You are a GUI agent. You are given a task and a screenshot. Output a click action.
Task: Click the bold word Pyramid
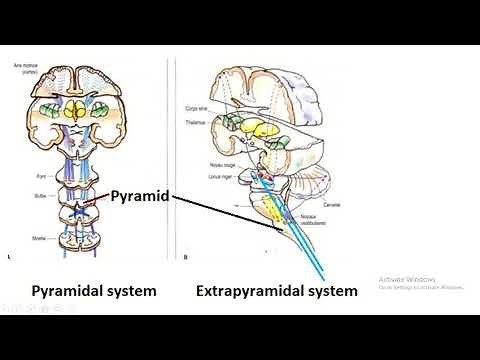pyautogui.click(x=141, y=197)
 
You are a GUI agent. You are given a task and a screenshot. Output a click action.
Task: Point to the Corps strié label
pyautogui.click(x=197, y=104)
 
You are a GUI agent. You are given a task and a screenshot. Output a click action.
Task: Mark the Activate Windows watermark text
pyautogui.click(x=405, y=279)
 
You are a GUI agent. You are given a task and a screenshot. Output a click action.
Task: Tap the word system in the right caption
pyautogui.click(x=332, y=291)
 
